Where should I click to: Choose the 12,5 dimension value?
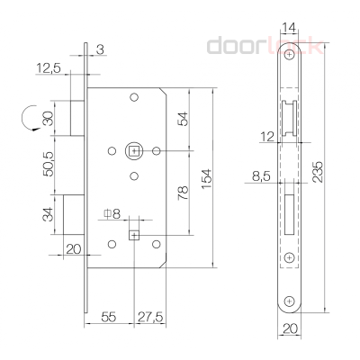click(49, 68)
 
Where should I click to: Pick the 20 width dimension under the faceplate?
click(288, 328)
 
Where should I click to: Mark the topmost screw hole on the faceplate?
click(288, 56)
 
